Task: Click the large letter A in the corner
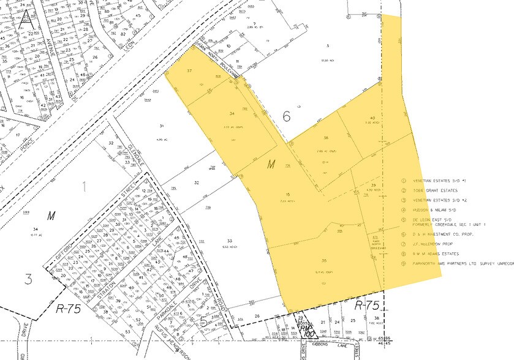pyautogui.click(x=27, y=18)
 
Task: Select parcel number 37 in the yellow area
pyautogui.click(x=190, y=72)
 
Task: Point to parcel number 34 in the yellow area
pyautogui.click(x=232, y=114)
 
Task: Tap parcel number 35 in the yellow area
pyautogui.click(x=323, y=260)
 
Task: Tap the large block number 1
pyautogui.click(x=84, y=183)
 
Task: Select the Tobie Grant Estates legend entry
pyautogui.click(x=439, y=190)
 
